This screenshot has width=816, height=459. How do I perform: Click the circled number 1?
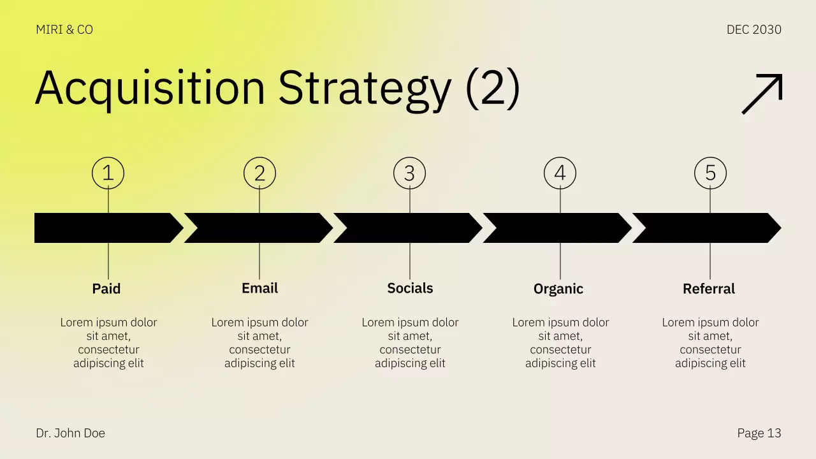click(108, 173)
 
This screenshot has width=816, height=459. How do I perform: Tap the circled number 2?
click(259, 173)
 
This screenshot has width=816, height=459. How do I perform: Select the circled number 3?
click(409, 173)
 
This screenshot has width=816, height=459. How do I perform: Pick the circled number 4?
click(560, 173)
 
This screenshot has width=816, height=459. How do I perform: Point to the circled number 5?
click(710, 173)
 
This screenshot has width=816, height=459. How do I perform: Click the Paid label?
click(106, 289)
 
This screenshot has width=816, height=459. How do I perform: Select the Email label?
click(259, 288)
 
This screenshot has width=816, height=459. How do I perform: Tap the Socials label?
click(410, 288)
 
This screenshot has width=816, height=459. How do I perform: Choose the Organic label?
click(558, 289)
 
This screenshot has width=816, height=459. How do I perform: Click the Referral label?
click(709, 289)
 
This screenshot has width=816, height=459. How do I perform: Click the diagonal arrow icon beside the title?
click(762, 94)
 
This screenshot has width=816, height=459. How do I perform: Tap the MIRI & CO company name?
click(64, 30)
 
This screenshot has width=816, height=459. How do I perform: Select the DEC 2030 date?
click(754, 30)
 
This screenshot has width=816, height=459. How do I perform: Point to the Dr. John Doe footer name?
click(71, 433)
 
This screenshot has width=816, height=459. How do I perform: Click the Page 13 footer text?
click(759, 433)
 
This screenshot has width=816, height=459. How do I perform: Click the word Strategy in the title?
click(365, 88)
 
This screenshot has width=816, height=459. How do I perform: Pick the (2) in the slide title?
click(493, 88)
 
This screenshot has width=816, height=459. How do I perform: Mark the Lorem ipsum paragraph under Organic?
click(560, 343)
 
